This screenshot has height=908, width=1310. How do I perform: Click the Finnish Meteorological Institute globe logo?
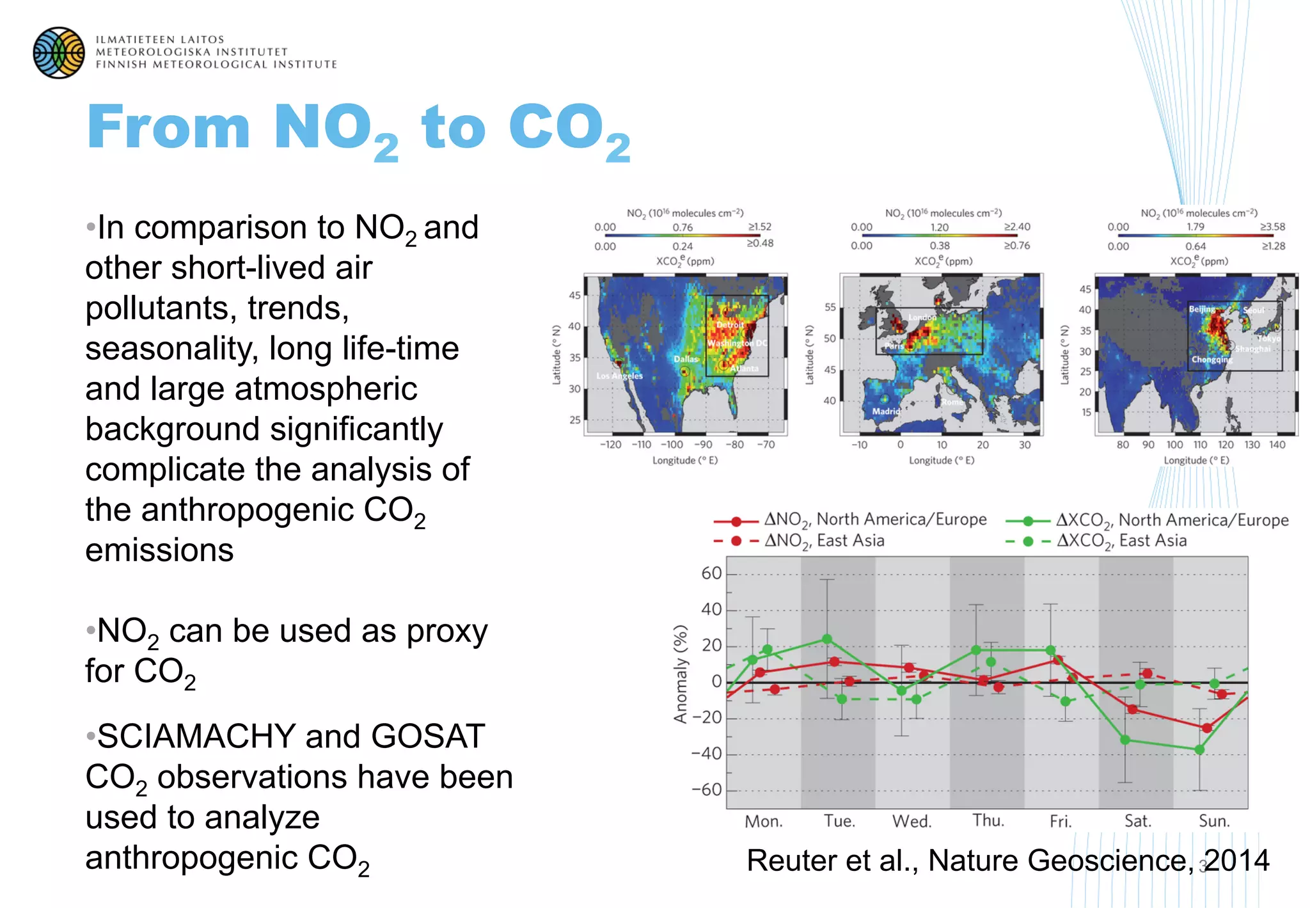pos(59,52)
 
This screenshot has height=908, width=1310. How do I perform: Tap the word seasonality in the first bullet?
pos(170,349)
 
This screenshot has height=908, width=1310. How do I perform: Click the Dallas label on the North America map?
pos(686,359)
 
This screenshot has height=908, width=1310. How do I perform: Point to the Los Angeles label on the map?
pos(619,376)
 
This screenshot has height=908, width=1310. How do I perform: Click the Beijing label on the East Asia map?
pos(1202,309)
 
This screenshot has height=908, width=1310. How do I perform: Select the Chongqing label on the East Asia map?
pos(1211,360)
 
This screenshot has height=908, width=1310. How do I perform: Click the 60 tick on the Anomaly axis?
pos(711,573)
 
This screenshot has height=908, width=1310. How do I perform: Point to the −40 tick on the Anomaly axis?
pos(707,754)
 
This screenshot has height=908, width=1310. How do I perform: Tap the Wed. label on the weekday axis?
pos(912,822)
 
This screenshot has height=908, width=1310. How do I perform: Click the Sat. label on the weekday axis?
pos(1138,822)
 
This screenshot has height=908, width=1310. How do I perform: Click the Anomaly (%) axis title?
pos(681,674)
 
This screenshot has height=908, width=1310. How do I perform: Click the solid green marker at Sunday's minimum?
pos(1199,749)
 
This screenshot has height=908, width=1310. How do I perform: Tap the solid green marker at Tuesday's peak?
pos(826,639)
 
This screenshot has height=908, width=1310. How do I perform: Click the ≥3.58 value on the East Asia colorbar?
pos(1272,227)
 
